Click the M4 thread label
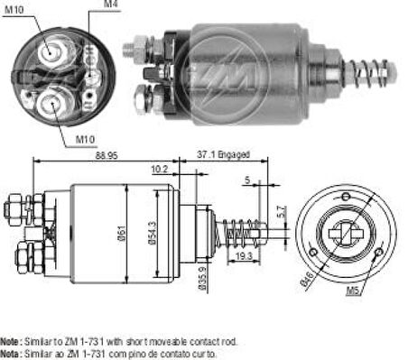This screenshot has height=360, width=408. pyautogui.click(x=110, y=7)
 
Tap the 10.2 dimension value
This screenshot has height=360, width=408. pyautogui.click(x=159, y=168)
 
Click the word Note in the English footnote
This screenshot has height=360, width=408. pyautogui.click(x=12, y=344)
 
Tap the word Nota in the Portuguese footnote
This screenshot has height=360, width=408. pyautogui.click(x=12, y=354)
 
